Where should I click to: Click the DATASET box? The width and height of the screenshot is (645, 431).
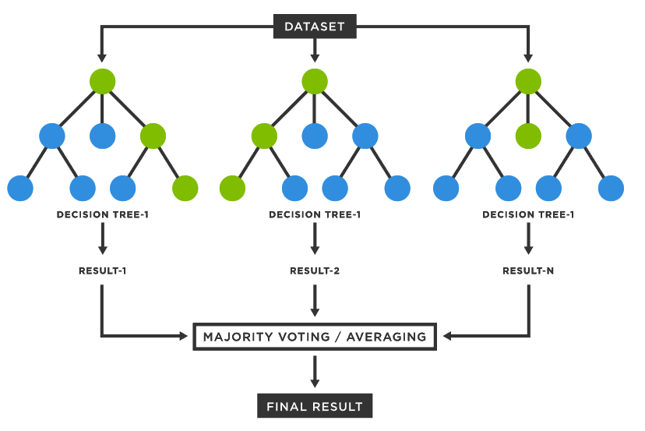[315, 26]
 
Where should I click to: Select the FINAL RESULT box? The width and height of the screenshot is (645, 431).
[315, 406]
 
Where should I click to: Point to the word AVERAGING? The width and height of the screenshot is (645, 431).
[386, 337]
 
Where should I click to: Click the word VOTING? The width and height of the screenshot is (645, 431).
[305, 337]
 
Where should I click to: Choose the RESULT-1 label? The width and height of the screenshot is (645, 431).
[102, 271]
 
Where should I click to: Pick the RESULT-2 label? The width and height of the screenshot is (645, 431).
[315, 271]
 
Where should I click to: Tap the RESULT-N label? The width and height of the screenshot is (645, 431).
[528, 271]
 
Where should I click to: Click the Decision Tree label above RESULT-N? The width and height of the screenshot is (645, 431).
[528, 214]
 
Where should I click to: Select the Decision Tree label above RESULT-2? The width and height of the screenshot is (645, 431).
[315, 214]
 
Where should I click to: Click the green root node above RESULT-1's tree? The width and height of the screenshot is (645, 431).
[102, 82]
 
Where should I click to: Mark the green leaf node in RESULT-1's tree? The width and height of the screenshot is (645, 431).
[185, 188]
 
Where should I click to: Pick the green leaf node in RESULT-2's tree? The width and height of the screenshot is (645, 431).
[232, 188]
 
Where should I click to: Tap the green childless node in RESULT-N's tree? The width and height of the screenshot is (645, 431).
[528, 136]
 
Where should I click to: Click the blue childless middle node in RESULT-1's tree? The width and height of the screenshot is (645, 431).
[102, 136]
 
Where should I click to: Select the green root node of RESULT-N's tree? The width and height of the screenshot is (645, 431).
[528, 82]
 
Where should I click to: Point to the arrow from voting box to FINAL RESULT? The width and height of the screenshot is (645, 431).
[315, 371]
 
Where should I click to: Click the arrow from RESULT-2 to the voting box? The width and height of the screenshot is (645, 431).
[315, 301]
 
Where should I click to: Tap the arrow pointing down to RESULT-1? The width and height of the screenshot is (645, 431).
[102, 238]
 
